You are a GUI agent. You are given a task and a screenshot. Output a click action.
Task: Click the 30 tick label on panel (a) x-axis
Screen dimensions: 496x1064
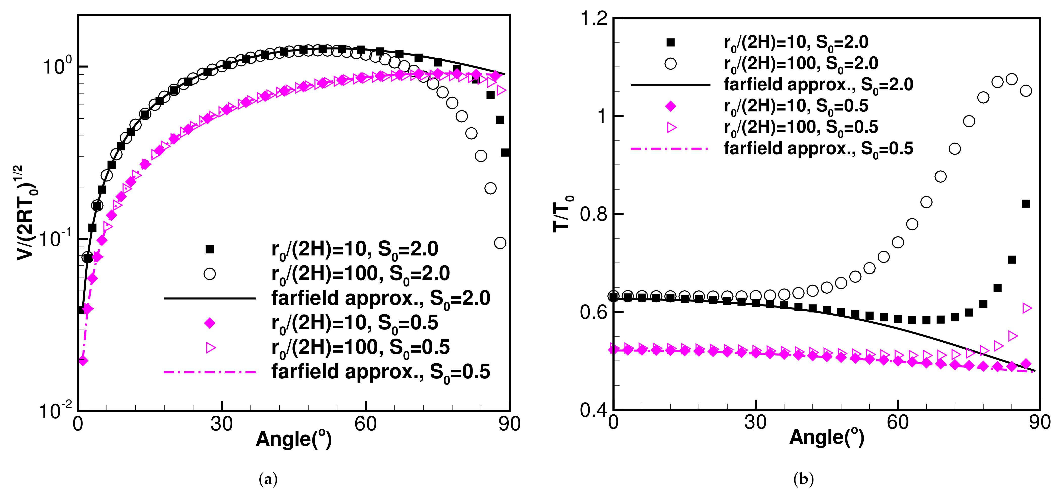221,424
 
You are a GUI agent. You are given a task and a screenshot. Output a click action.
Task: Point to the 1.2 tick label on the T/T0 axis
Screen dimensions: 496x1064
594,19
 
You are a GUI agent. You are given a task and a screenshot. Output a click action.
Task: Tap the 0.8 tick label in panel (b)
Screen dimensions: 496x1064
594,214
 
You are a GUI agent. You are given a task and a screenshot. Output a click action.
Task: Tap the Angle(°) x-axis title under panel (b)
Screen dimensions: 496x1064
827,437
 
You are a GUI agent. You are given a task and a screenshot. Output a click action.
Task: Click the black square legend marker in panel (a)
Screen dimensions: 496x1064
210,249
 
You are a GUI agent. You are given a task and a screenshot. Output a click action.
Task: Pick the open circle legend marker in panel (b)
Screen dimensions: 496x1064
670,64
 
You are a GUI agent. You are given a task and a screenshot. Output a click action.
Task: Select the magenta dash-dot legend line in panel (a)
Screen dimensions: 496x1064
210,372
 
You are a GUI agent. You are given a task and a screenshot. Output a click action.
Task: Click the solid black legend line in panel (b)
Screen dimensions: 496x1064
670,85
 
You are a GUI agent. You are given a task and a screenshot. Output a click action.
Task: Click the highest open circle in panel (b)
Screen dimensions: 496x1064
1011,79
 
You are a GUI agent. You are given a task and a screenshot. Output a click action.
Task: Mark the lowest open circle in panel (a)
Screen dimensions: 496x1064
500,243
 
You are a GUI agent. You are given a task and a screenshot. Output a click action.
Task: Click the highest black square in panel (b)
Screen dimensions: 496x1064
1026,204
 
